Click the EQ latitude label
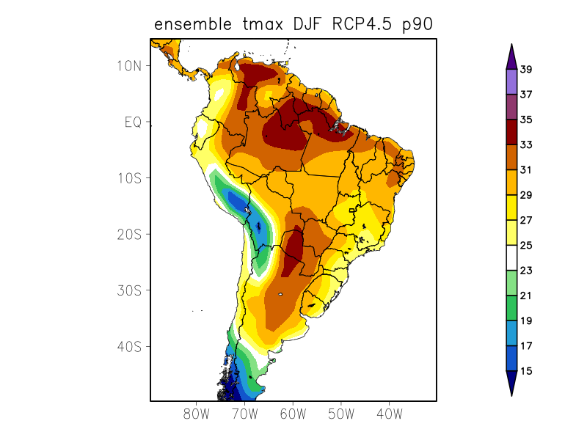pyautogui.click(x=133, y=122)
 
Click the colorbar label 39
pyautogui.click(x=526, y=70)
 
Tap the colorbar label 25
pyautogui.click(x=526, y=246)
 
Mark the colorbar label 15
pyautogui.click(x=526, y=371)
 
